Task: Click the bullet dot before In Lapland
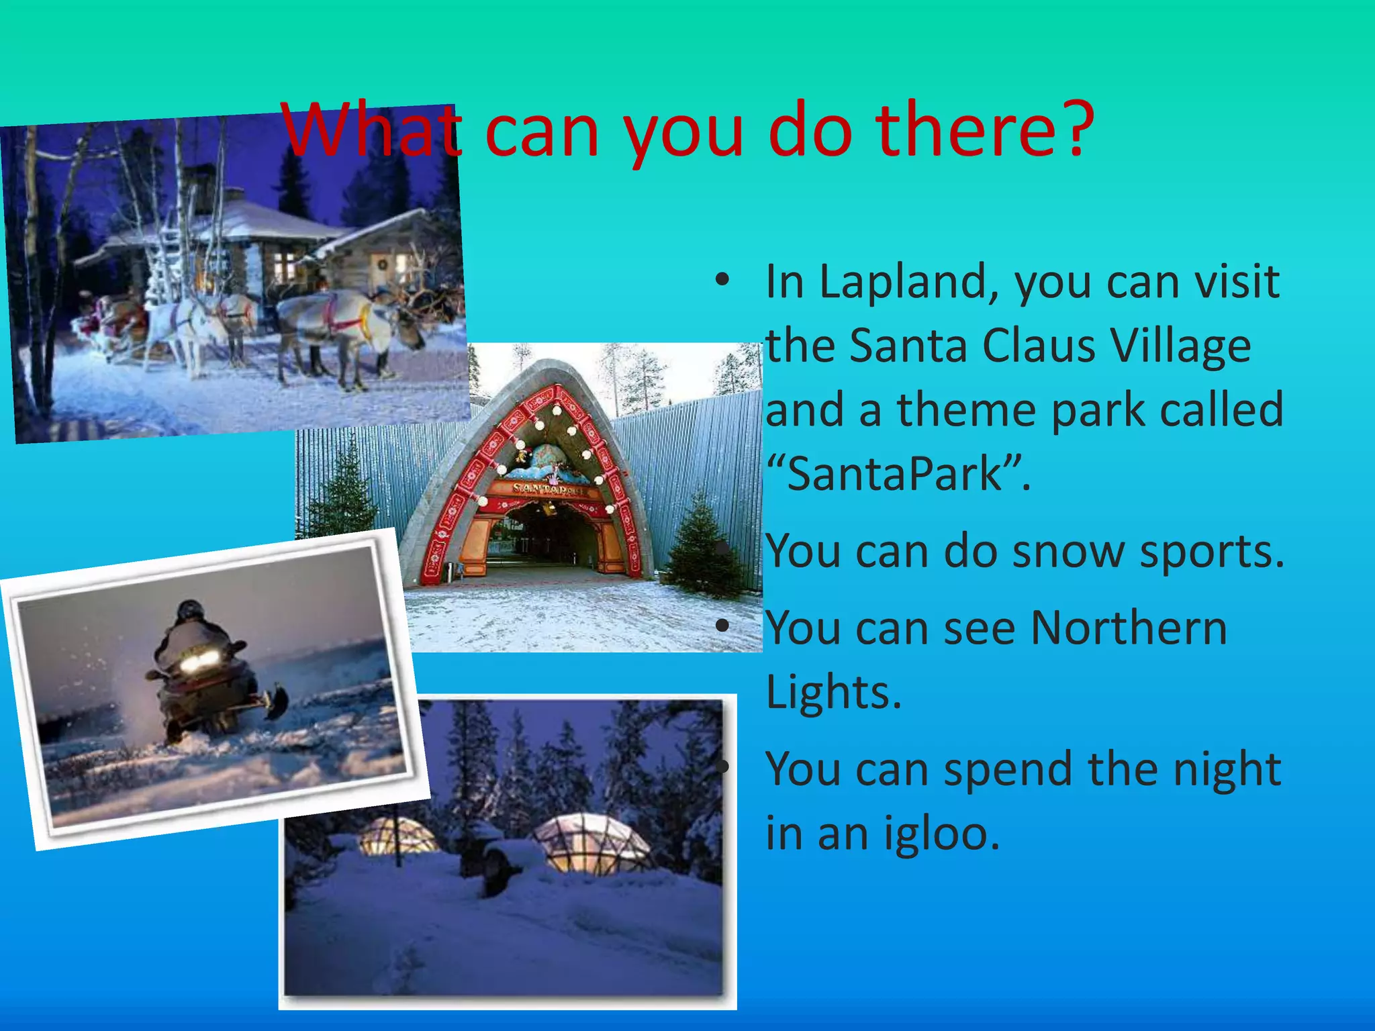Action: click(722, 281)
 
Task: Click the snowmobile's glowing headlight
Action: click(199, 662)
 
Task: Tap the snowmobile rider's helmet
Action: click(190, 610)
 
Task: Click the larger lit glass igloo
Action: click(591, 842)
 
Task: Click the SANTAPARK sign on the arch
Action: click(547, 489)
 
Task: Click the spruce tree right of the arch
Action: click(702, 547)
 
